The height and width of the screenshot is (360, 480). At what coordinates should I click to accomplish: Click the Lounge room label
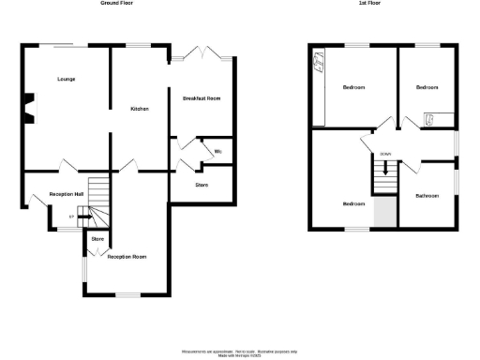(66, 79)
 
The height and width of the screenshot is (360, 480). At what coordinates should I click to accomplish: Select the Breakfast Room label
(201, 98)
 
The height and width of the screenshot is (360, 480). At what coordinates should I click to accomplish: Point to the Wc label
(217, 151)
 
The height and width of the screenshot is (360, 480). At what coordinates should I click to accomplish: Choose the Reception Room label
(127, 256)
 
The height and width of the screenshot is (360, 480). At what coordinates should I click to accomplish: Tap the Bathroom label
(427, 195)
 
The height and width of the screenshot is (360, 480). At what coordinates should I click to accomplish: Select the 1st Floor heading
(382, 4)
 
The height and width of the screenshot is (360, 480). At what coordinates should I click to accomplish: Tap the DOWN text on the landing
(384, 154)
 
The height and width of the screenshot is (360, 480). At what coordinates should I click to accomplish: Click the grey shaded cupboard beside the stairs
(383, 213)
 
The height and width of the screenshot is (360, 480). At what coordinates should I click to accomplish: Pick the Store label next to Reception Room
(97, 239)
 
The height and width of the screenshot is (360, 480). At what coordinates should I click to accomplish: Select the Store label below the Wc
(202, 185)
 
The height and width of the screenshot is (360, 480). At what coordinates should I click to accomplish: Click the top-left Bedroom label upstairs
(353, 87)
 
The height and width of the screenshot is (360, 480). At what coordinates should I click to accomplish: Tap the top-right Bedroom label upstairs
(427, 87)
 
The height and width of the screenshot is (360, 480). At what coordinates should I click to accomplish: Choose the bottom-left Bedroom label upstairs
(352, 203)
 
